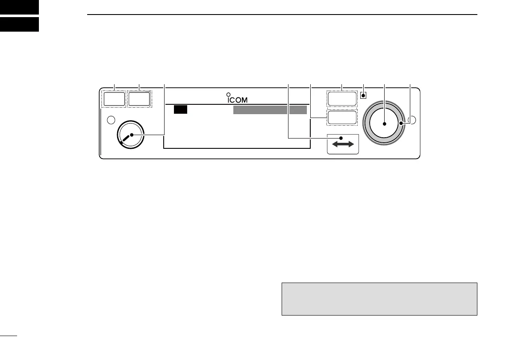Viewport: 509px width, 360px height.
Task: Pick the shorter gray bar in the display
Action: click(x=298, y=110)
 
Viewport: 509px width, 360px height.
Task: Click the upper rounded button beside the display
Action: click(x=342, y=98)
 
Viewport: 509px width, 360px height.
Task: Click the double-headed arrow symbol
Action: click(x=343, y=145)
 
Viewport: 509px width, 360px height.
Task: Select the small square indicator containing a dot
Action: click(x=363, y=95)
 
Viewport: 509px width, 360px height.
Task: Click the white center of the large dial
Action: click(x=384, y=124)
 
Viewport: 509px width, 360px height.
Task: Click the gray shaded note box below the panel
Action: click(x=379, y=298)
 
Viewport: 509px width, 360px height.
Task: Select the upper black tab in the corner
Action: click(x=19, y=6)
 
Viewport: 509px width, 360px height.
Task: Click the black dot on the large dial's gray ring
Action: click(x=401, y=124)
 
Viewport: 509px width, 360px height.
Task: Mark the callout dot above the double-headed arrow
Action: click(x=341, y=137)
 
